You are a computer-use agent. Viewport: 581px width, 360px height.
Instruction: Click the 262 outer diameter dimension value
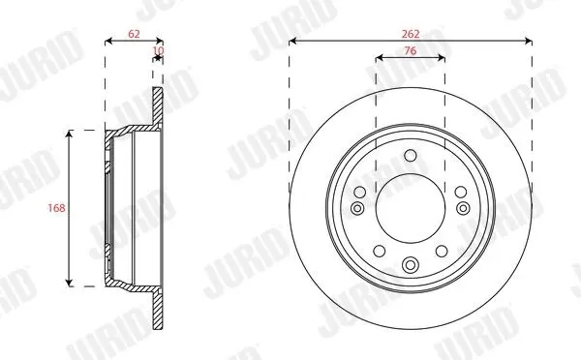coord(411,34)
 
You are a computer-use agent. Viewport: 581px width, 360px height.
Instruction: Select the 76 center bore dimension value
coord(411,50)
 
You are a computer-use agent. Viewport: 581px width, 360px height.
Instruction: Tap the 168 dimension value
coord(56,208)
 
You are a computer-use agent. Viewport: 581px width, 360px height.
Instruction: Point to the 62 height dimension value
coord(135,34)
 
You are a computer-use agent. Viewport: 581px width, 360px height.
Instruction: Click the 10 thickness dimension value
coord(158,50)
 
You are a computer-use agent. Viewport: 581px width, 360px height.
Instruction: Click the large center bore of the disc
coord(411,208)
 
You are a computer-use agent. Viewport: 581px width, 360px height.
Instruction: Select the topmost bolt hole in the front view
coord(411,155)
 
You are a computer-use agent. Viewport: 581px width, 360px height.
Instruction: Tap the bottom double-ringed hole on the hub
coord(411,264)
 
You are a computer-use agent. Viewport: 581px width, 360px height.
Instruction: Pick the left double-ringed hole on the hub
coord(357,208)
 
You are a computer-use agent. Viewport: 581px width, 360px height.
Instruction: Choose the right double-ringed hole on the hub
coord(463,208)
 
